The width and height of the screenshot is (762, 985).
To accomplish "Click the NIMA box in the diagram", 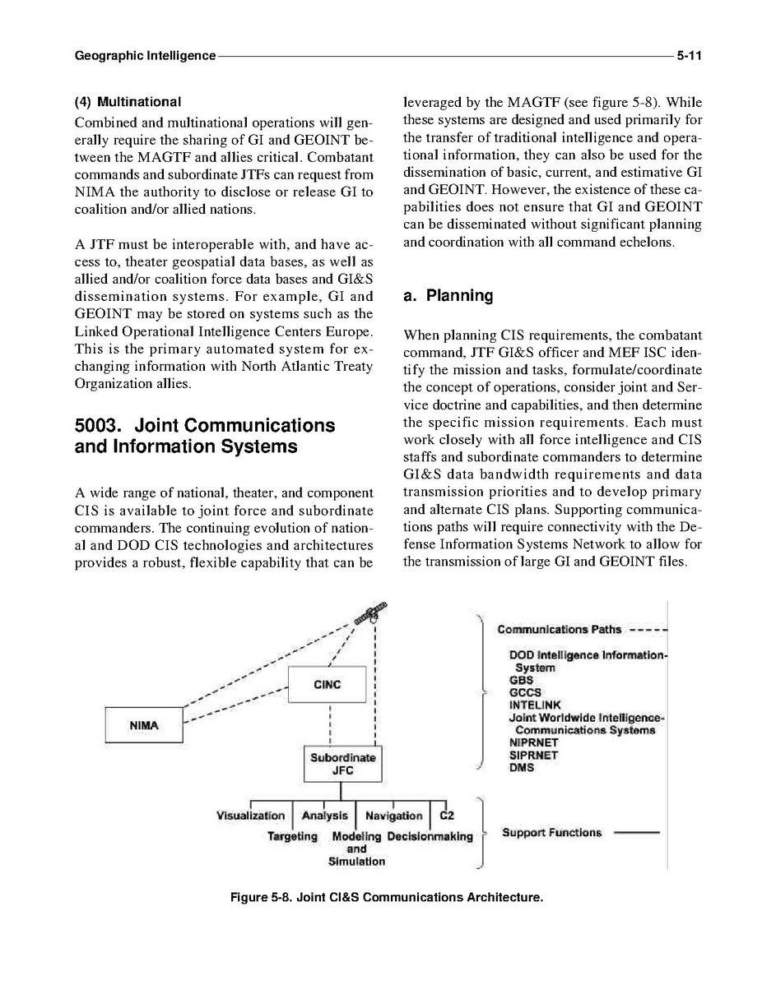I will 145,726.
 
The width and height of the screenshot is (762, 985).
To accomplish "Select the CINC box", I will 327,685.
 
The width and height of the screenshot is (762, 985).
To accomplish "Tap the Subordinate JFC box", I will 342,764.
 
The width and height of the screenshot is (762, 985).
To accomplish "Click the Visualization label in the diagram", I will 250,816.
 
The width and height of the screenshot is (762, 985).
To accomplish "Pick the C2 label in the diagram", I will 447,816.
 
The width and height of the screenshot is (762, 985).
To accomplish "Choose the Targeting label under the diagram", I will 292,836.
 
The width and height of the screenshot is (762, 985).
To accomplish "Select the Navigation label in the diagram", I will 393,816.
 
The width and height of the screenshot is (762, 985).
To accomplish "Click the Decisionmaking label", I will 430,836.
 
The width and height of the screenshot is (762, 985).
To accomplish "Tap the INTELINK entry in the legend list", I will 535,705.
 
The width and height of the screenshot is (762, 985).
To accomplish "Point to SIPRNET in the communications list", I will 533,755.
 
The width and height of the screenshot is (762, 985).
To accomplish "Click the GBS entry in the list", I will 521,680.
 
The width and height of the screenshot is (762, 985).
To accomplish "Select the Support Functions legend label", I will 551,832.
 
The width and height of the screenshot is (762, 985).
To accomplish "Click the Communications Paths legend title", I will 559,630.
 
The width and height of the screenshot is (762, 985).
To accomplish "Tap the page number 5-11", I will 688,57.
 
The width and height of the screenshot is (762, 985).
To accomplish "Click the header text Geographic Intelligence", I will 145,57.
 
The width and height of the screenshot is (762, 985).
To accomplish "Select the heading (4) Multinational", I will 128,102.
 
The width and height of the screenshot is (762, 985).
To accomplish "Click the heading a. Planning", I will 448,296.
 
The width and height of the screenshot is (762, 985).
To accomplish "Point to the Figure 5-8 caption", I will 387,897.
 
